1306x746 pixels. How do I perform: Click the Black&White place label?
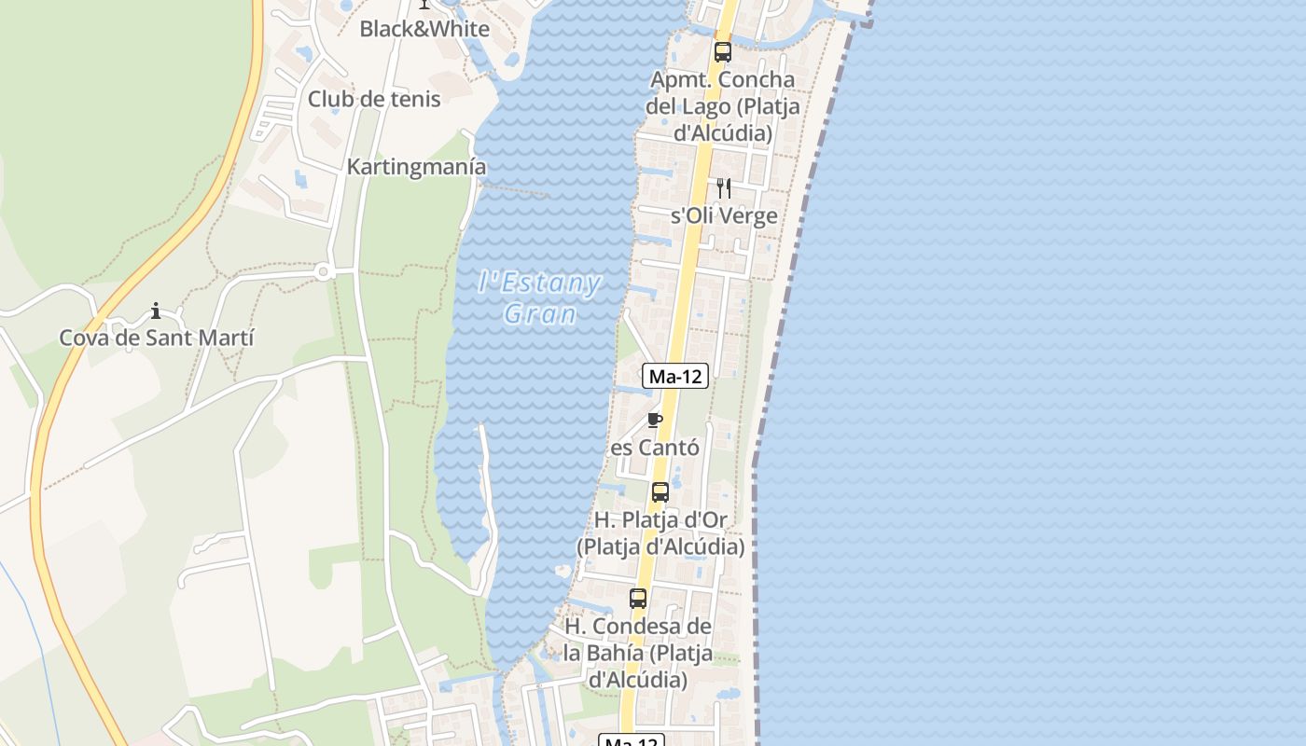click(x=424, y=29)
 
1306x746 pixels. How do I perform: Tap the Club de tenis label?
click(x=374, y=99)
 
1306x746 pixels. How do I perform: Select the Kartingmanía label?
click(x=416, y=167)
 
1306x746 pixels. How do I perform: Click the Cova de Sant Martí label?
click(x=157, y=338)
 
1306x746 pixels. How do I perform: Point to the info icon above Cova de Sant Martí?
click(x=156, y=311)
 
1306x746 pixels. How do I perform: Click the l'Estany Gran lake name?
click(x=540, y=297)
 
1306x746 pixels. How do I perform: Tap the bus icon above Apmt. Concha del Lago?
click(x=722, y=51)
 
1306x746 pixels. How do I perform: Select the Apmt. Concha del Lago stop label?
click(x=722, y=106)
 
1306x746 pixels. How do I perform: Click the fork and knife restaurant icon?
click(x=723, y=188)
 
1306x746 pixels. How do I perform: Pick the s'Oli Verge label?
click(x=724, y=215)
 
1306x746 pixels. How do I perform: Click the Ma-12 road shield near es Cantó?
click(x=675, y=377)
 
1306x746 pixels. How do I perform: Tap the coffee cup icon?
click(x=654, y=420)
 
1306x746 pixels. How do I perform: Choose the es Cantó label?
click(x=655, y=448)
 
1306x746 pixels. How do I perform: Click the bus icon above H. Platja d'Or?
click(x=660, y=491)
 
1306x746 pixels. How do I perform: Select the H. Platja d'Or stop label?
click(x=660, y=532)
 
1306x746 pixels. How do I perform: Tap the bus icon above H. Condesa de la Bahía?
click(x=638, y=599)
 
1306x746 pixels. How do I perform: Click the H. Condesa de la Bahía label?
click(x=638, y=653)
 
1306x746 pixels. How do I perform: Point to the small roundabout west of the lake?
click(x=324, y=272)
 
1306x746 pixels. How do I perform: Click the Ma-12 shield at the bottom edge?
click(x=632, y=740)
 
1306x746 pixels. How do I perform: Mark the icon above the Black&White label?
click(x=424, y=5)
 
